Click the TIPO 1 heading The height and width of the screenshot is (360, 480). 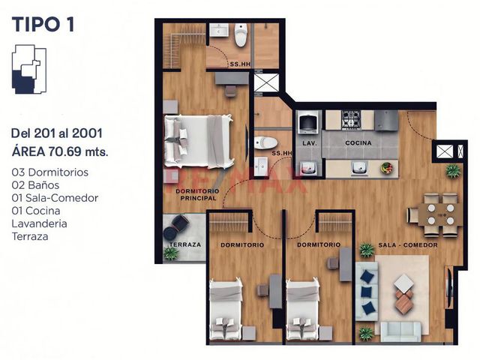pos(43,25)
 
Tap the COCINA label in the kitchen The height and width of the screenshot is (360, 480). pos(358,143)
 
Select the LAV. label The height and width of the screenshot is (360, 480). pos(310,143)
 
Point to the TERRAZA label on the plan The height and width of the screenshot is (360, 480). pos(185,244)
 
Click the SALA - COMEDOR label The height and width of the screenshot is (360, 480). pos(408,245)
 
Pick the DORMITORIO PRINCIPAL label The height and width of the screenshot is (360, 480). pos(197,195)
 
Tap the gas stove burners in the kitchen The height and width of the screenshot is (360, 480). pos(351,119)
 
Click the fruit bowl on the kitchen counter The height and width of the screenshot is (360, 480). pos(387,168)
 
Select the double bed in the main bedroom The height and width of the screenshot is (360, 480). pos(199,141)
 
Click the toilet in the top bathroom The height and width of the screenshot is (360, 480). pos(241,35)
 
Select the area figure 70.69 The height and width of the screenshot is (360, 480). pos(64,151)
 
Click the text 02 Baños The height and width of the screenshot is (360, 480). pos(35,185)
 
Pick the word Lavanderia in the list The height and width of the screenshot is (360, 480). pos(39,223)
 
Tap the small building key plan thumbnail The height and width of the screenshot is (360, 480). pos(29,69)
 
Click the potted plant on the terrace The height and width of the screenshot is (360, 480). pos(171,253)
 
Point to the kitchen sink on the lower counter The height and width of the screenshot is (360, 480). pos(359,168)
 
